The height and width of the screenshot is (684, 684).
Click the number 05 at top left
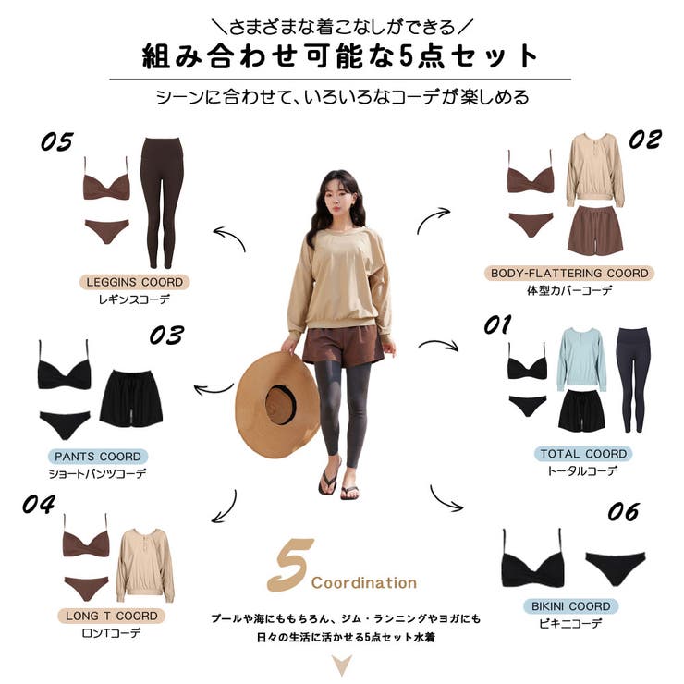point(56,141)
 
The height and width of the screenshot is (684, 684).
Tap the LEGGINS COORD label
point(134,282)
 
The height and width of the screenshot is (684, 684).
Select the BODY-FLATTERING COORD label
point(569,273)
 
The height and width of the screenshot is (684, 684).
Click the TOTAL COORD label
point(583,454)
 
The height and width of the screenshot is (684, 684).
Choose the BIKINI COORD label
point(570,606)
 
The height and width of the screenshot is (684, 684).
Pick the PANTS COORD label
point(98,457)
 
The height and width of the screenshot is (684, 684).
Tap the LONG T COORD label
point(111,616)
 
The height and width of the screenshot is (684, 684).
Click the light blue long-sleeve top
point(581,360)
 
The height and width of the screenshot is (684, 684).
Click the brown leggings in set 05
point(163,202)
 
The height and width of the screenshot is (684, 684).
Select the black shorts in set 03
point(131,398)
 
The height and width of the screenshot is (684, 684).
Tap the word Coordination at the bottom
point(364,583)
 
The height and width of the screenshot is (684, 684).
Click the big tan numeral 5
point(290,565)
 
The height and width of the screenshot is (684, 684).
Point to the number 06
point(623,512)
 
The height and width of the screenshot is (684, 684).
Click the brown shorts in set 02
point(595,231)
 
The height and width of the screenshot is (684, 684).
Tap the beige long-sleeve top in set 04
point(145,566)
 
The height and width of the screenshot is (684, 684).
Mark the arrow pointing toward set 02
point(432,219)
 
